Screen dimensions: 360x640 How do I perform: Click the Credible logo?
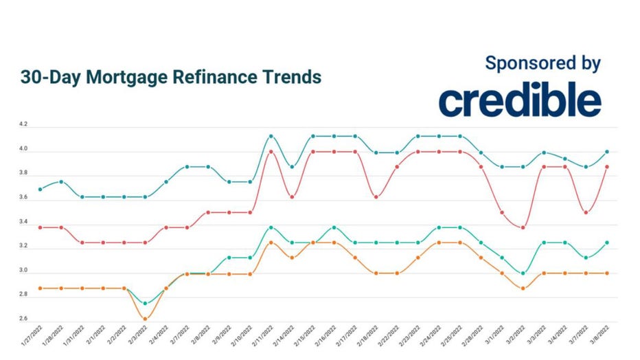520,102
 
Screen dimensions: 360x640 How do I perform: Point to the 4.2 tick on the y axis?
24,125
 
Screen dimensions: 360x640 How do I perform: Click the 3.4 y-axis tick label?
24,222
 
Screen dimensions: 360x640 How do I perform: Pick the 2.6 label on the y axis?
24,319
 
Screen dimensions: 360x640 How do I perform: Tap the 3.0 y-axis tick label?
24,271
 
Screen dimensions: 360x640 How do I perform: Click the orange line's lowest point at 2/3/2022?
145,319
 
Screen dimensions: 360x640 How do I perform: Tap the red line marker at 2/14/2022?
292,197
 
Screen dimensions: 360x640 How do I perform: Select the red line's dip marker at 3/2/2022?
523,227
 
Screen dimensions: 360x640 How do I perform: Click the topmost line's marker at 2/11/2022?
271,136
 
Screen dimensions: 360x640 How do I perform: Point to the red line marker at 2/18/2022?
376,197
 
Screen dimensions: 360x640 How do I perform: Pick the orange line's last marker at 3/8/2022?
607,273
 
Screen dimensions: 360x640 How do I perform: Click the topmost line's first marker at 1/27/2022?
40,189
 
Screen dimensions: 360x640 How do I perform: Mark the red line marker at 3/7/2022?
586,212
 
